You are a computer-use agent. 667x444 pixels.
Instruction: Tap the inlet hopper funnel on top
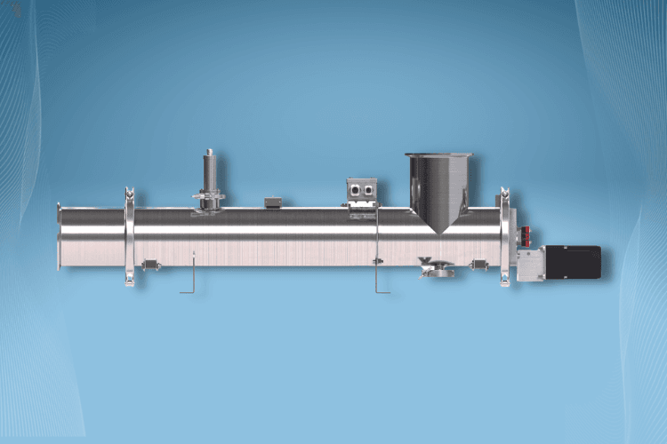click(x=438, y=182)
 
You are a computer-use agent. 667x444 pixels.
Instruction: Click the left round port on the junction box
click(x=354, y=189)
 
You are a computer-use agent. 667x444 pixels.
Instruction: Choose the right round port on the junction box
click(x=366, y=189)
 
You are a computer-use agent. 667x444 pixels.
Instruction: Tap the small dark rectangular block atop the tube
click(x=271, y=203)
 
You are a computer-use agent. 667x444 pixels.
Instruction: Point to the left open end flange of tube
click(x=59, y=237)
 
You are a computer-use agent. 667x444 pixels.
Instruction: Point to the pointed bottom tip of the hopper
click(x=439, y=232)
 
